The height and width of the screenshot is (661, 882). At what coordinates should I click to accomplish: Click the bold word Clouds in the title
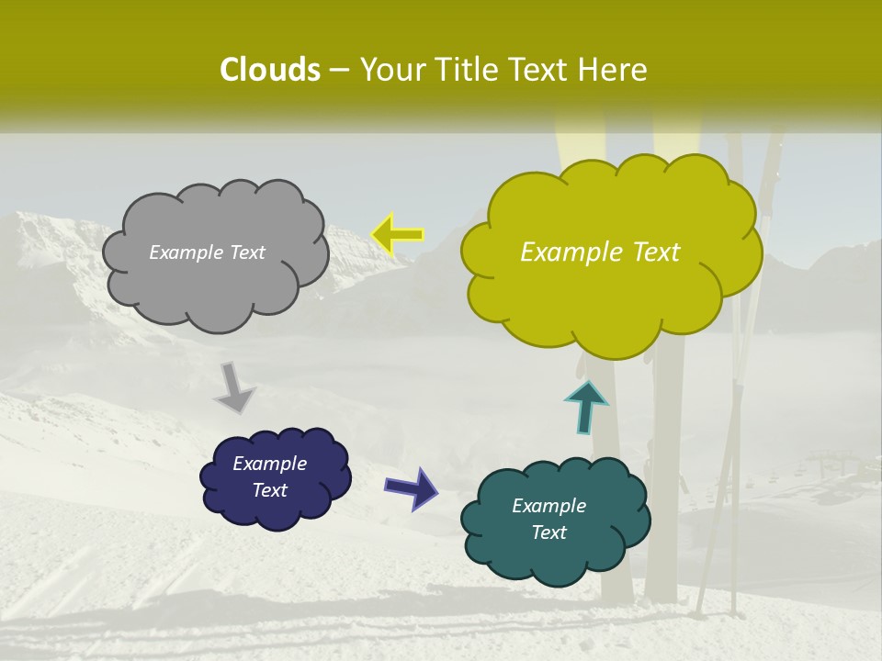269,70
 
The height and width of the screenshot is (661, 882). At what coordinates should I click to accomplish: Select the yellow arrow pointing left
398,235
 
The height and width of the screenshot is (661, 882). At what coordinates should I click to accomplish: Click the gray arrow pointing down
235,387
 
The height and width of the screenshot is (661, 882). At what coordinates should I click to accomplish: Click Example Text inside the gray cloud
207,252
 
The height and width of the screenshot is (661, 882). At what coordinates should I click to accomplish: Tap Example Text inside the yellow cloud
600,252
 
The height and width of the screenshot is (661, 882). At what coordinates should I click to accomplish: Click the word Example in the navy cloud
269,464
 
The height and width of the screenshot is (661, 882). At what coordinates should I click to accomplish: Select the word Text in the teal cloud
548,532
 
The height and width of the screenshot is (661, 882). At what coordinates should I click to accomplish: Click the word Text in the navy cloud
269,490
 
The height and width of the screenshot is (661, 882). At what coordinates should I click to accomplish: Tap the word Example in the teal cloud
548,506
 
